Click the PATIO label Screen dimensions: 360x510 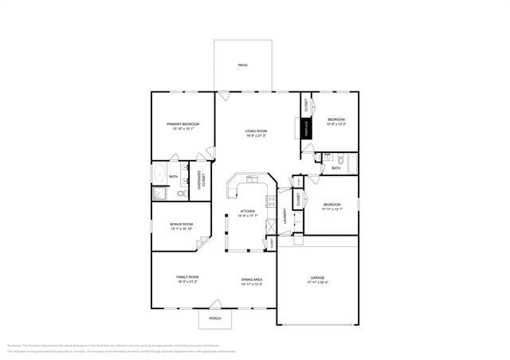click(243, 65)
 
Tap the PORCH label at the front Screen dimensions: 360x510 click(215, 319)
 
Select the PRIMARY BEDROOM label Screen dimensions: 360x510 click(182, 124)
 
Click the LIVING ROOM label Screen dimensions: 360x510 click(256, 131)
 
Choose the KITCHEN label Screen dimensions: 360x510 click(248, 211)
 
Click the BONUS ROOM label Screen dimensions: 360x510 click(182, 225)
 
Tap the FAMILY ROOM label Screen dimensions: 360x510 click(187, 277)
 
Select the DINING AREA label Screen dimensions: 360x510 click(252, 280)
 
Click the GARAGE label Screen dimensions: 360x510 click(317, 278)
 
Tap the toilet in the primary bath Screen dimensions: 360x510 click(182, 193)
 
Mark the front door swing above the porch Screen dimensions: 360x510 click(215, 304)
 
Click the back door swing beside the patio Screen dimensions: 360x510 click(224, 96)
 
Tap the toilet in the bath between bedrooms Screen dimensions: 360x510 click(339, 158)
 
